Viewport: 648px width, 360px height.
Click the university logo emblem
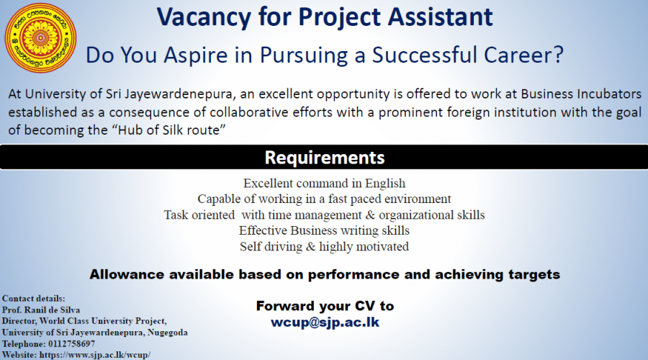click(40, 37)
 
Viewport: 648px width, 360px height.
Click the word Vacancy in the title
click(204, 17)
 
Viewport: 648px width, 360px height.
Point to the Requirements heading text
click(325, 158)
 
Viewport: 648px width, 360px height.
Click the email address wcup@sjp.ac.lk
click(325, 322)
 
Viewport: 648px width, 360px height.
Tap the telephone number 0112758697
click(71, 344)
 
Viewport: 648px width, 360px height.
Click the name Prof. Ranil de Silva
click(41, 310)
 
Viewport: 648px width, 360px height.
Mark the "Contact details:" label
click(33, 298)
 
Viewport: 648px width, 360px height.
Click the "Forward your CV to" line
click(325, 306)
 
